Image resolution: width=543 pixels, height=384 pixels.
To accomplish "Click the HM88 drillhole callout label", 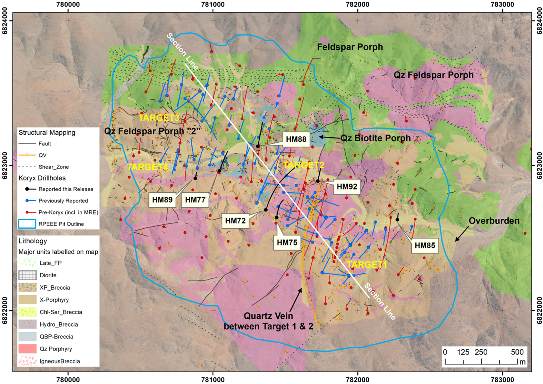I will tap(296, 139).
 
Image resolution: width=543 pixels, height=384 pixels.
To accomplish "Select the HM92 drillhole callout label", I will tap(347, 187).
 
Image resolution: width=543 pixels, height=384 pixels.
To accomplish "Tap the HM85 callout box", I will tap(425, 246).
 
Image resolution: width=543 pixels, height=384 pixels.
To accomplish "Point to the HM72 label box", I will tap(235, 221).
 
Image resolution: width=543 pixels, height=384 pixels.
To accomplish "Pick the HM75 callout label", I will tap(287, 243).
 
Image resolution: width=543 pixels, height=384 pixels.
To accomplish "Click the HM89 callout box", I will tap(162, 200).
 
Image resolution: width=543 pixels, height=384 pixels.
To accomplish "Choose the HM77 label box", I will tap(195, 200).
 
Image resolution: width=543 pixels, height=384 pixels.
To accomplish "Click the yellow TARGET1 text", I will tap(367, 265).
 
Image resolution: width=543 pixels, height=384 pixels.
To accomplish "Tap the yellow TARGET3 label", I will tap(159, 118).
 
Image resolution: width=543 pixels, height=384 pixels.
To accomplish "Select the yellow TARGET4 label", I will tap(147, 167).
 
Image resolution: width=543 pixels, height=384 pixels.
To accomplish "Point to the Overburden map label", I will tap(494, 221).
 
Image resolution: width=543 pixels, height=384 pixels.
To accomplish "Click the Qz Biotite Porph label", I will tap(375, 138).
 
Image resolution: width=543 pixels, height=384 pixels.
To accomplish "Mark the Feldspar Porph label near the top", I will tap(350, 47).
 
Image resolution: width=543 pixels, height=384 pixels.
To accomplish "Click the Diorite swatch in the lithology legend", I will tap(27, 275).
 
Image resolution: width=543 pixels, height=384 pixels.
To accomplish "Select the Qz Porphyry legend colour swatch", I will tap(27, 349).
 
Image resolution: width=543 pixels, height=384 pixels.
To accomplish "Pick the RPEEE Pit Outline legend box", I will tap(27, 224).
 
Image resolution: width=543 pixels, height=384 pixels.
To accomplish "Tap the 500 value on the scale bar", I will tap(517, 352).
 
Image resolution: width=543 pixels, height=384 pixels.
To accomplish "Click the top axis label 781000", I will tap(213, 4).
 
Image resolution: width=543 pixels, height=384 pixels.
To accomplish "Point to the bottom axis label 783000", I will tap(502, 380).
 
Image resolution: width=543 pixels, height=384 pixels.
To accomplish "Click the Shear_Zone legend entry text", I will tap(54, 167).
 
